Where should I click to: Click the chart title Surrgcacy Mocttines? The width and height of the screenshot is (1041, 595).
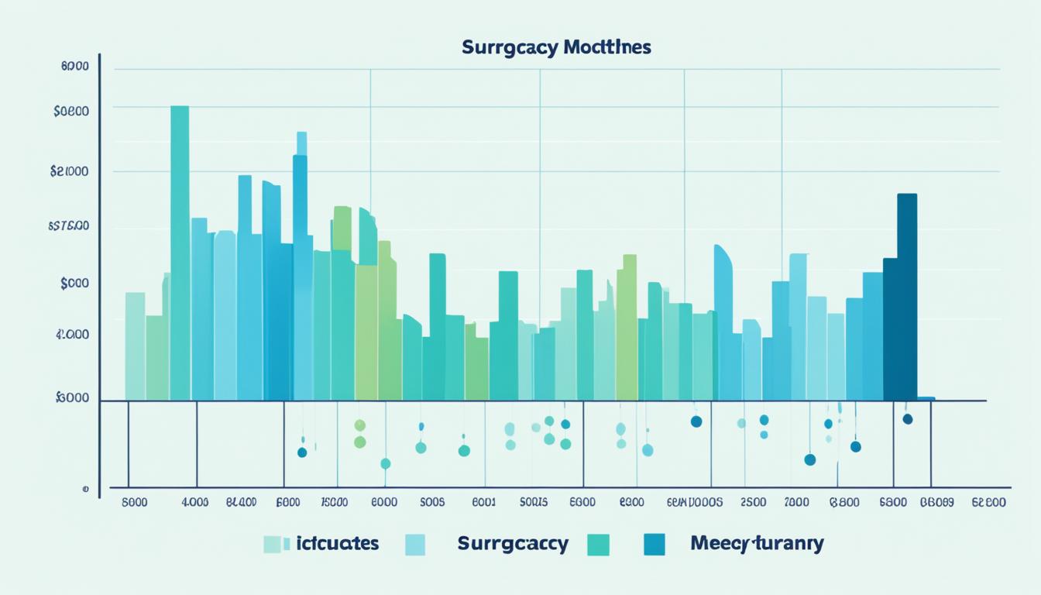[556, 47]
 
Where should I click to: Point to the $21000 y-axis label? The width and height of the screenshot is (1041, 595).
[69, 171]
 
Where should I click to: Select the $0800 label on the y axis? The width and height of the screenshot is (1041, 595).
[71, 111]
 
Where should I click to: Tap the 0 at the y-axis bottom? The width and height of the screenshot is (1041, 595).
[86, 490]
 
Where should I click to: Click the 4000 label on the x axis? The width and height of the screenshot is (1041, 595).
[194, 502]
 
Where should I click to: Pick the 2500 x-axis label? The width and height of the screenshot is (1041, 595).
[754, 502]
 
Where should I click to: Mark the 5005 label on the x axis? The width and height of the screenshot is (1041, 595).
[431, 502]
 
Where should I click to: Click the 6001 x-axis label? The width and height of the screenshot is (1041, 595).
[483, 502]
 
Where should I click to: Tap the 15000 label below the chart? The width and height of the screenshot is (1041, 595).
[333, 502]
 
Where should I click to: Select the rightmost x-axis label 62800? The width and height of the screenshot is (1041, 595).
[988, 502]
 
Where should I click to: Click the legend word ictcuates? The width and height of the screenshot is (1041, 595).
[337, 543]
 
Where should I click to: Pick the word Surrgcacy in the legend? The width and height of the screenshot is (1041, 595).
[513, 543]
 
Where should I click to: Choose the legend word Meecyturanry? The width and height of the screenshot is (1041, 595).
[757, 543]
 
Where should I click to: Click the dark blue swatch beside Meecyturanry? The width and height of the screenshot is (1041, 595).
[654, 545]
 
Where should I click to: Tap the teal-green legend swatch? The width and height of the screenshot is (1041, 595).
[599, 545]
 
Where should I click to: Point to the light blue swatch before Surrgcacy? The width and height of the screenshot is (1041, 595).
[415, 545]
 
